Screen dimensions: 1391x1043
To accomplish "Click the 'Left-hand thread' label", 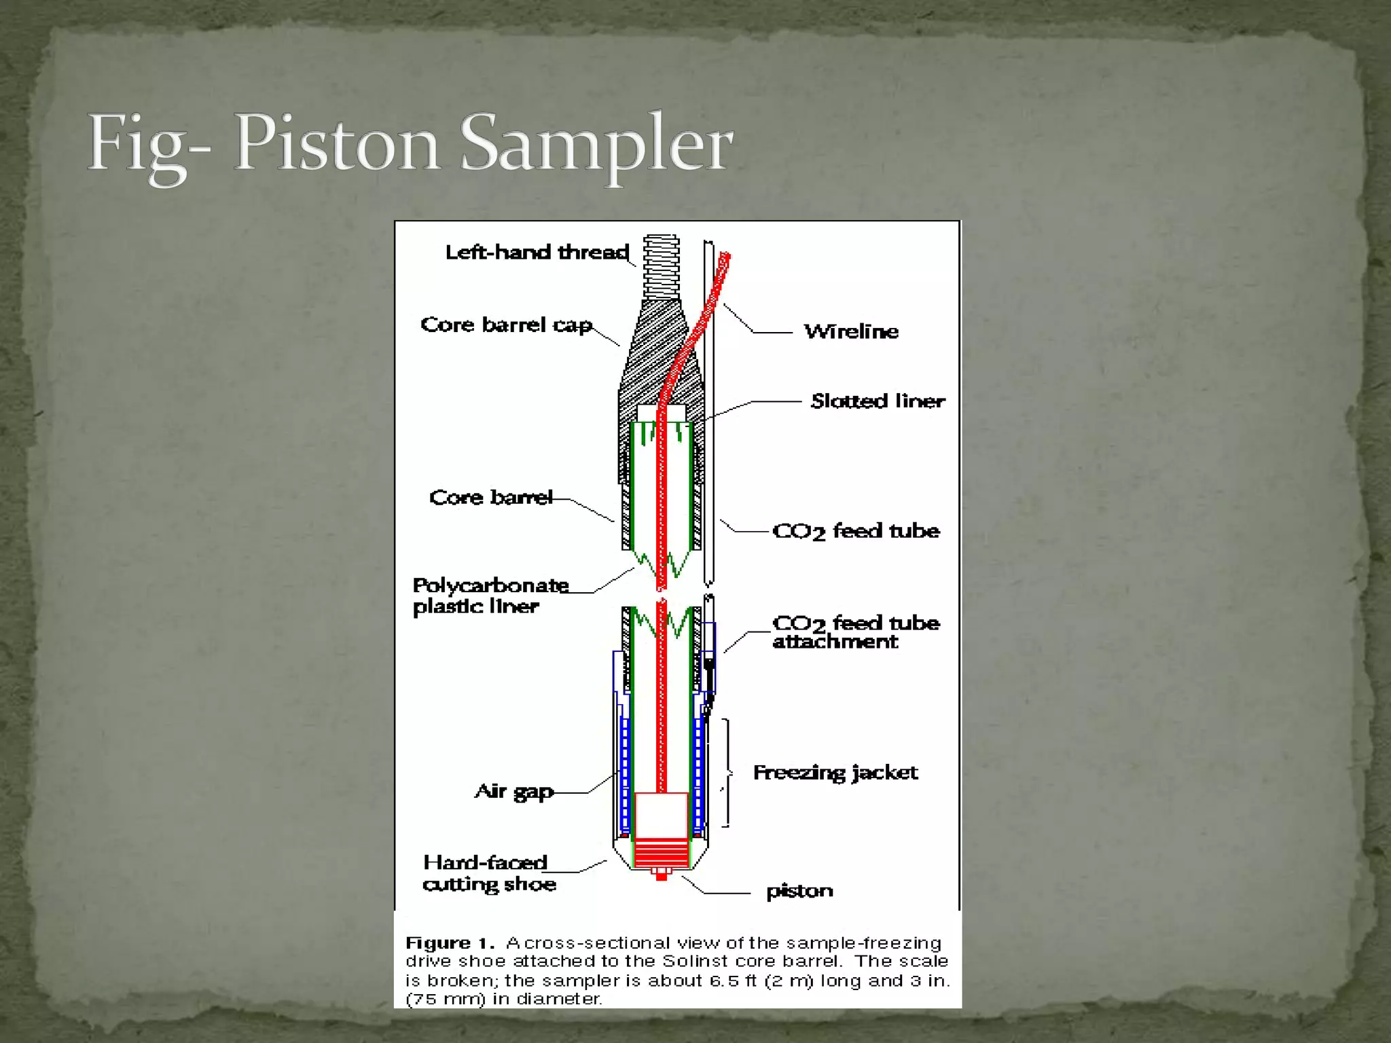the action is click(537, 253).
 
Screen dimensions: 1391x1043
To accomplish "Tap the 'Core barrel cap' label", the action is click(506, 325).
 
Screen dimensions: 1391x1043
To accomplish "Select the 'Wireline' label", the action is click(851, 331).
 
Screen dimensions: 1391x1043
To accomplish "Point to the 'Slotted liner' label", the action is click(878, 401).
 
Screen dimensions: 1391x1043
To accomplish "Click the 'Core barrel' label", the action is click(491, 498).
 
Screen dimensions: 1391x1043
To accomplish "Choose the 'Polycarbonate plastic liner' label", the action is click(490, 596).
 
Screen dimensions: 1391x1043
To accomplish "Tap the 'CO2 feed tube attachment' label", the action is click(856, 632).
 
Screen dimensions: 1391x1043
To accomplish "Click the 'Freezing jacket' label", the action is click(835, 773).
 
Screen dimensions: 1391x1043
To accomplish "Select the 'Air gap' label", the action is click(514, 792).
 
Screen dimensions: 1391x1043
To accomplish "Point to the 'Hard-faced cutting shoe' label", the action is click(489, 873).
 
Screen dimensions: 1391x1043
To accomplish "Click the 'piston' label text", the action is click(799, 891).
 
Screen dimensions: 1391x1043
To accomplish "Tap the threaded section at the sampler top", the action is click(662, 266).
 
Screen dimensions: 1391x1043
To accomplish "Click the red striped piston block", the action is click(661, 852).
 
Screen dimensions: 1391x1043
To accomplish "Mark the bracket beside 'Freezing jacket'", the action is click(727, 773).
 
